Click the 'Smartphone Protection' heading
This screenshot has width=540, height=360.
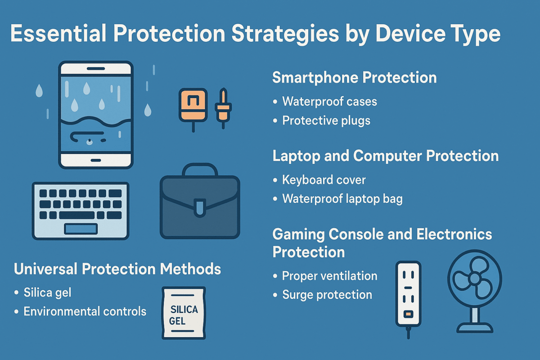(355, 77)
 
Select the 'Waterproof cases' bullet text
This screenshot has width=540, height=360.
(329, 101)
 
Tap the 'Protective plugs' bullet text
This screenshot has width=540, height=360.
(326, 121)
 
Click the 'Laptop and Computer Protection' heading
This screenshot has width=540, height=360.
(386, 156)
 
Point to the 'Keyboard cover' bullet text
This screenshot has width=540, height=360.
(324, 180)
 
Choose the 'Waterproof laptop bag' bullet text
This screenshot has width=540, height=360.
(342, 199)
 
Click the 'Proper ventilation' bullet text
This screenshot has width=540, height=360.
(329, 275)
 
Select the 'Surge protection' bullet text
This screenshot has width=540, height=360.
(327, 295)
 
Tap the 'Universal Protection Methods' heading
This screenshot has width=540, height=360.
(117, 269)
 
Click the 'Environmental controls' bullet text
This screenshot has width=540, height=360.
(85, 311)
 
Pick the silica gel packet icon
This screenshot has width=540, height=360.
(183, 313)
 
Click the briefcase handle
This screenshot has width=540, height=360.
(200, 170)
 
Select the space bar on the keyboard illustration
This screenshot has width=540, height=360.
(81, 229)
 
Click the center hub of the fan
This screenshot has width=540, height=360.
(474, 279)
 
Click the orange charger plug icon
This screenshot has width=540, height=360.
(193, 105)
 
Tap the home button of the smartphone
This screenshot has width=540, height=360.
(96, 160)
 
